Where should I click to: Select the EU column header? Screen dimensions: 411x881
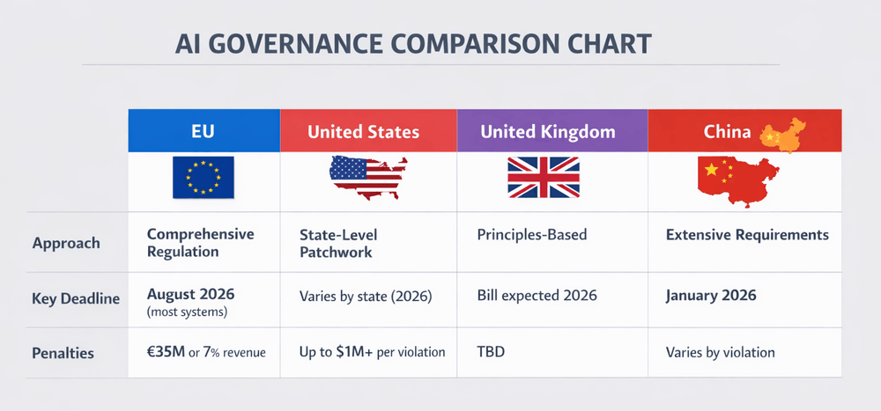tap(204, 132)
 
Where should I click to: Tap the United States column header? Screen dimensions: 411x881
tap(363, 132)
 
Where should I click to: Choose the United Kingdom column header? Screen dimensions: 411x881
tap(547, 132)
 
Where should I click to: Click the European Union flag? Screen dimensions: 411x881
tap(203, 176)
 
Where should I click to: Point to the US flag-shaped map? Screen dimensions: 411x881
tap(367, 179)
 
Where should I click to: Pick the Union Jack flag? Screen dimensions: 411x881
tap(544, 177)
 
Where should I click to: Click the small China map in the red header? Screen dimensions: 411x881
tap(783, 134)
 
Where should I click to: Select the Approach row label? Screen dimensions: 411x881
tap(66, 243)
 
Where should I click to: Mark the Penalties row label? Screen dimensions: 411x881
tap(64, 353)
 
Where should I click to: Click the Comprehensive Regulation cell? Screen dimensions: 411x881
tap(200, 243)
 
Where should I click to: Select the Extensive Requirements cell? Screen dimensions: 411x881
tap(747, 235)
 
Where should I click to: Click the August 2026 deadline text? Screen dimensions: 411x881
tap(191, 293)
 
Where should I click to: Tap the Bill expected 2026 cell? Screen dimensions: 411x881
tap(537, 295)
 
